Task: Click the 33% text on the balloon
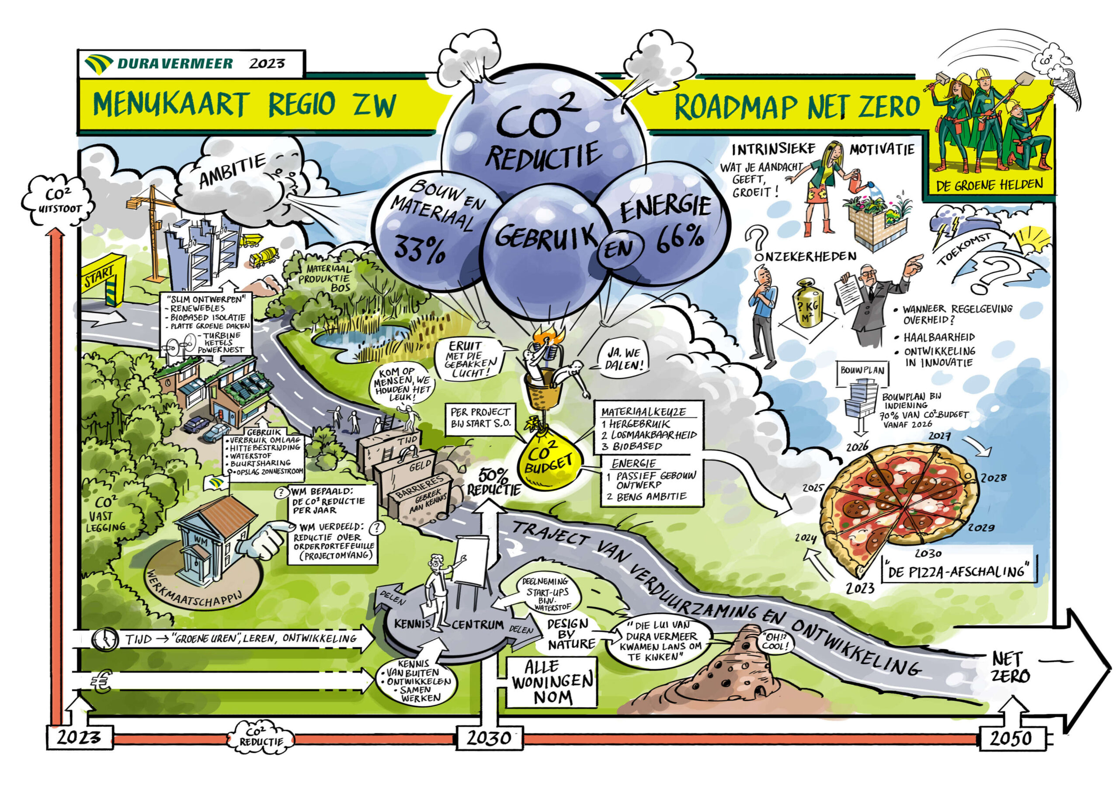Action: (420, 249)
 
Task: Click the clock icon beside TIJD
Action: (105, 639)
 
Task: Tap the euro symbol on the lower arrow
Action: (101, 682)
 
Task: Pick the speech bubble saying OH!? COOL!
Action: (773, 642)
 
